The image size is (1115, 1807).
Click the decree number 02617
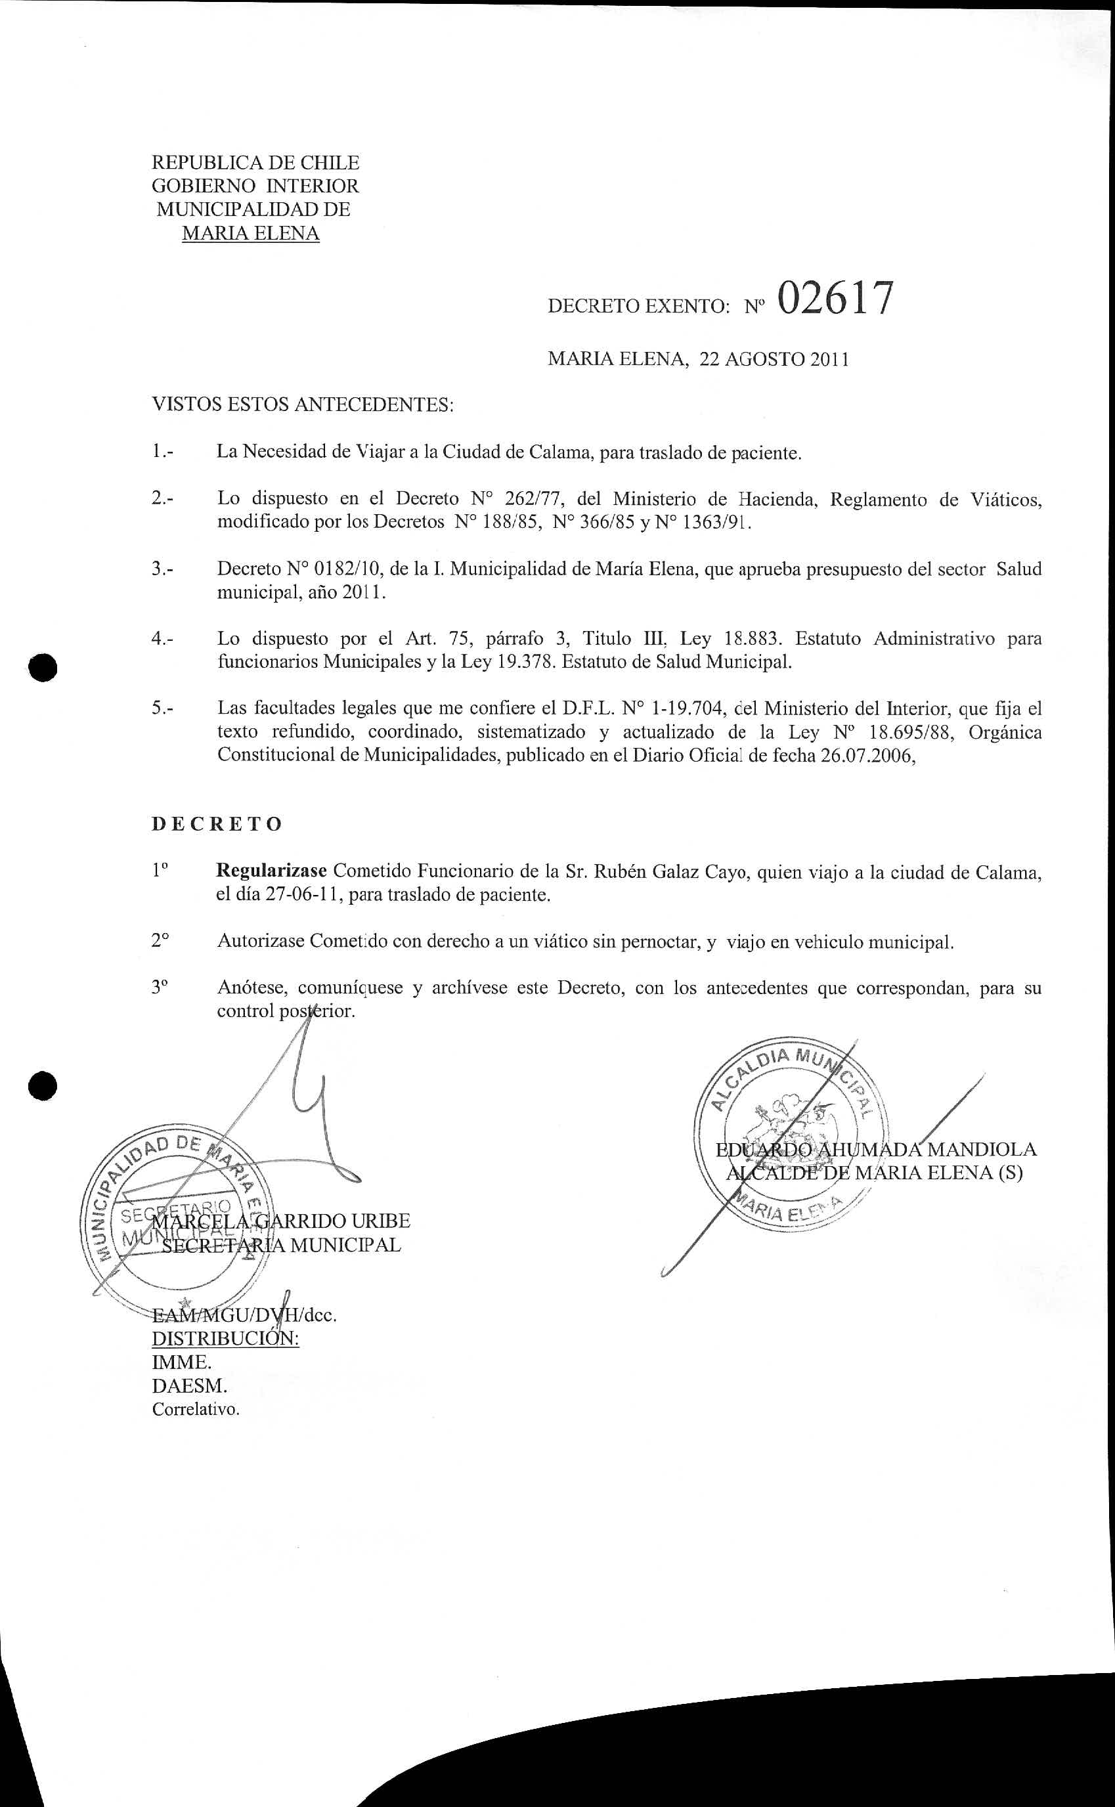coord(835,299)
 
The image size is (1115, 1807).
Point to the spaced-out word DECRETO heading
coord(217,824)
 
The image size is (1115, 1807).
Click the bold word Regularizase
coord(271,871)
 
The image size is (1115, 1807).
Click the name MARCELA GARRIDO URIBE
coord(281,1221)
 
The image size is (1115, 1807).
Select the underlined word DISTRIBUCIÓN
coord(225,1338)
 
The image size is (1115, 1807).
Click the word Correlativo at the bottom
coord(196,1410)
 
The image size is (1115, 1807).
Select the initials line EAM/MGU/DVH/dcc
coord(244,1315)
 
